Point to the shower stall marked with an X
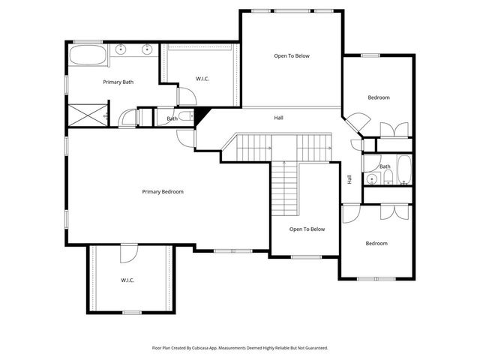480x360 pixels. click(x=88, y=115)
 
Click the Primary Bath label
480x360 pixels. click(x=118, y=82)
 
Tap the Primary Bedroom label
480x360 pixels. click(x=163, y=192)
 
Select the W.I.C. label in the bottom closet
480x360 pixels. click(x=127, y=280)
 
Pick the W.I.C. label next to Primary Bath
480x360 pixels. click(x=202, y=78)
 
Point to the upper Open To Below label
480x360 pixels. click(x=291, y=55)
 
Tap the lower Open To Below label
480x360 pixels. click(x=307, y=229)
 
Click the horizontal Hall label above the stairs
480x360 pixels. click(x=278, y=118)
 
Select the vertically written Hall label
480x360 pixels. click(x=349, y=180)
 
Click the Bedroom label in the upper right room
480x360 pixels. click(x=378, y=97)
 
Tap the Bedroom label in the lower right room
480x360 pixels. click(x=376, y=243)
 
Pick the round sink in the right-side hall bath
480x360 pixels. click(x=370, y=178)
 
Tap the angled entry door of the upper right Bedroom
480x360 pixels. click(x=355, y=121)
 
